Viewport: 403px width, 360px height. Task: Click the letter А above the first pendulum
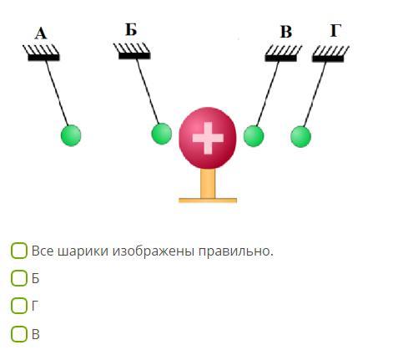41,33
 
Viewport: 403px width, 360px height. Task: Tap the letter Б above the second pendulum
131,30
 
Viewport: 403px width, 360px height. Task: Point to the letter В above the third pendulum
286,32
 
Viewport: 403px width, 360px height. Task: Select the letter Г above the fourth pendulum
335,30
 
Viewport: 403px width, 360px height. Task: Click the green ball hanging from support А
71,135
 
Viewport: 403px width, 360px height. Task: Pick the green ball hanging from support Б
162,134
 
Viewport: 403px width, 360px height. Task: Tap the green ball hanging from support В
254,136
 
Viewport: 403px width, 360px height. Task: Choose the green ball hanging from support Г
300,136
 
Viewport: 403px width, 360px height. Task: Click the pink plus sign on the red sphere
208,138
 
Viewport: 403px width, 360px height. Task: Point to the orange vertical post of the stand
208,184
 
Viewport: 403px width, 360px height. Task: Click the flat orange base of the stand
208,200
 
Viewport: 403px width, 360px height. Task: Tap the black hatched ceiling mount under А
42,53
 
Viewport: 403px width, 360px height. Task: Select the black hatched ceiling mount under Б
133,51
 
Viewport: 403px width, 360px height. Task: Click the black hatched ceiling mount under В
283,53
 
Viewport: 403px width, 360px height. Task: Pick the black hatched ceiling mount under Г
330,54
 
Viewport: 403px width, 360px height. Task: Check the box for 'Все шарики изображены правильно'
19,251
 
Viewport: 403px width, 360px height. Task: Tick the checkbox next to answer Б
19,278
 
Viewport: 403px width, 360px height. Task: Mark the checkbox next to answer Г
19,306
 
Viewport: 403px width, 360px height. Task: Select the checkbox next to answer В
19,334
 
